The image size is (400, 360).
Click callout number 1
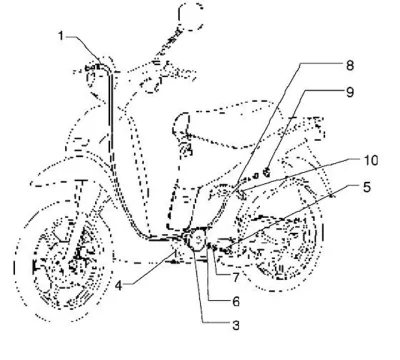tap(61, 36)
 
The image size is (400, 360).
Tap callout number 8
tap(349, 65)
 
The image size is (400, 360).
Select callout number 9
tap(349, 92)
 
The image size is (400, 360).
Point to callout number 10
tap(371, 160)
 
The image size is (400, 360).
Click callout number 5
tap(367, 187)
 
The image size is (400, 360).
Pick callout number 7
tap(236, 277)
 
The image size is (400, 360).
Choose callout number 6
tap(236, 301)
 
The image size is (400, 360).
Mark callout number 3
tap(236, 325)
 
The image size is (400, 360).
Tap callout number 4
tap(119, 286)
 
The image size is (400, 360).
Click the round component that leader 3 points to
tap(196, 239)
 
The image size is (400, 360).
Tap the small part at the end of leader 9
tap(266, 172)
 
